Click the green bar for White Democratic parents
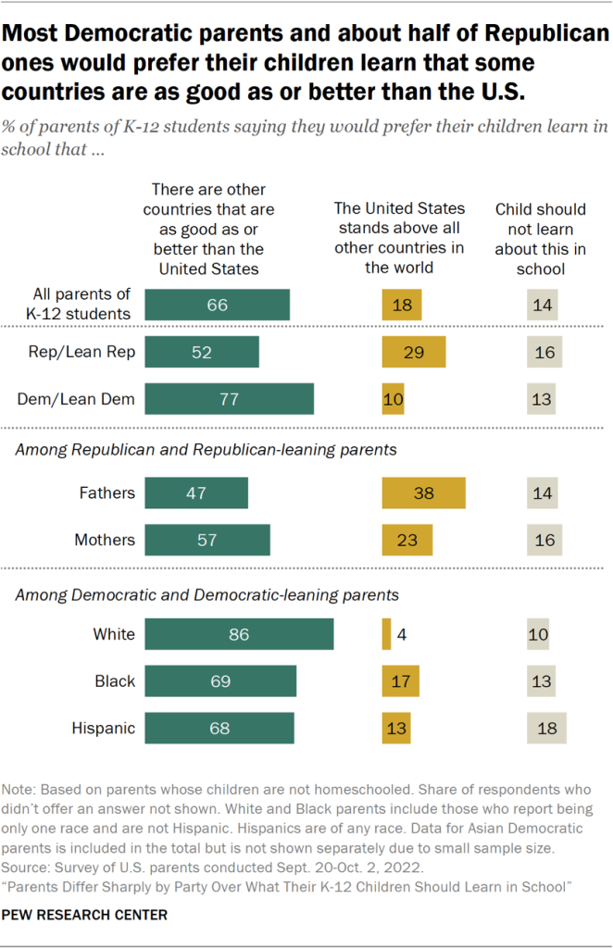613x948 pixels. pos(239,634)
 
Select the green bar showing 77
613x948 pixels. pos(229,399)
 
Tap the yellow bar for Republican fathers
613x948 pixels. pos(423,493)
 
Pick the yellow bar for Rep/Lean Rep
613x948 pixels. pos(413,352)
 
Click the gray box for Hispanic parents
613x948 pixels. pos(546,728)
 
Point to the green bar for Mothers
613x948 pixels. pos(207,540)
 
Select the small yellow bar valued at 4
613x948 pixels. pos(386,634)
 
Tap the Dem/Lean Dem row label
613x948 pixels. pos(76,399)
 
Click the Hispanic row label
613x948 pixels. pos(103,728)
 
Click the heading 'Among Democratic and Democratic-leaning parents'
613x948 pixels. pos(207,594)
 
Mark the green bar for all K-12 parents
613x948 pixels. pos(218,305)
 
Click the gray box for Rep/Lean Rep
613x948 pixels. pos(543,352)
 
